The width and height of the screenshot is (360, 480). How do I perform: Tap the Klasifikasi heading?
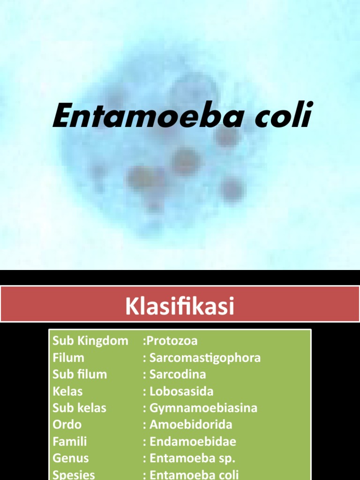tap(180, 307)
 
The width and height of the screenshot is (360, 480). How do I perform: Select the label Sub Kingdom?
tap(90, 341)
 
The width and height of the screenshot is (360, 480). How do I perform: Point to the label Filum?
tap(68, 358)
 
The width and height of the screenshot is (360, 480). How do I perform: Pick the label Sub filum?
tap(80, 375)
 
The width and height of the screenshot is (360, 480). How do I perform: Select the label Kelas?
tap(67, 391)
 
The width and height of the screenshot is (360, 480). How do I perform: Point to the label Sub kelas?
tap(79, 408)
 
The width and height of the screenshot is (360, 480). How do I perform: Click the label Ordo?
tap(67, 425)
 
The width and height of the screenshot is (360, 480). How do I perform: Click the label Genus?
tap(71, 458)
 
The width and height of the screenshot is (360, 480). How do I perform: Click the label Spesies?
tap(74, 474)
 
